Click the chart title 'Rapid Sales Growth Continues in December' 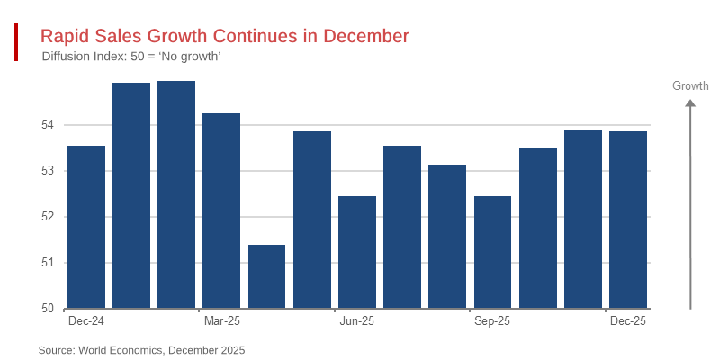(225, 36)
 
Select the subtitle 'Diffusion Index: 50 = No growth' (131, 57)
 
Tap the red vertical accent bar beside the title (16, 42)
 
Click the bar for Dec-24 (86, 227)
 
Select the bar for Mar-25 (221, 211)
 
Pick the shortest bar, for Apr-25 (266, 276)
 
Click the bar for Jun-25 (357, 252)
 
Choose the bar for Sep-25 (492, 252)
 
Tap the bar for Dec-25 (628, 220)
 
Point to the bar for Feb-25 (176, 194)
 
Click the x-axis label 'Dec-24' (86, 320)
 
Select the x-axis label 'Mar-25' (221, 320)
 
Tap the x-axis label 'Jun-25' (357, 320)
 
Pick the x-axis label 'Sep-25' (492, 320)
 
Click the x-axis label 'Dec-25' (628, 320)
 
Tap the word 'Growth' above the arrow (690, 86)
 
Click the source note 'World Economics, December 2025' (141, 349)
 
